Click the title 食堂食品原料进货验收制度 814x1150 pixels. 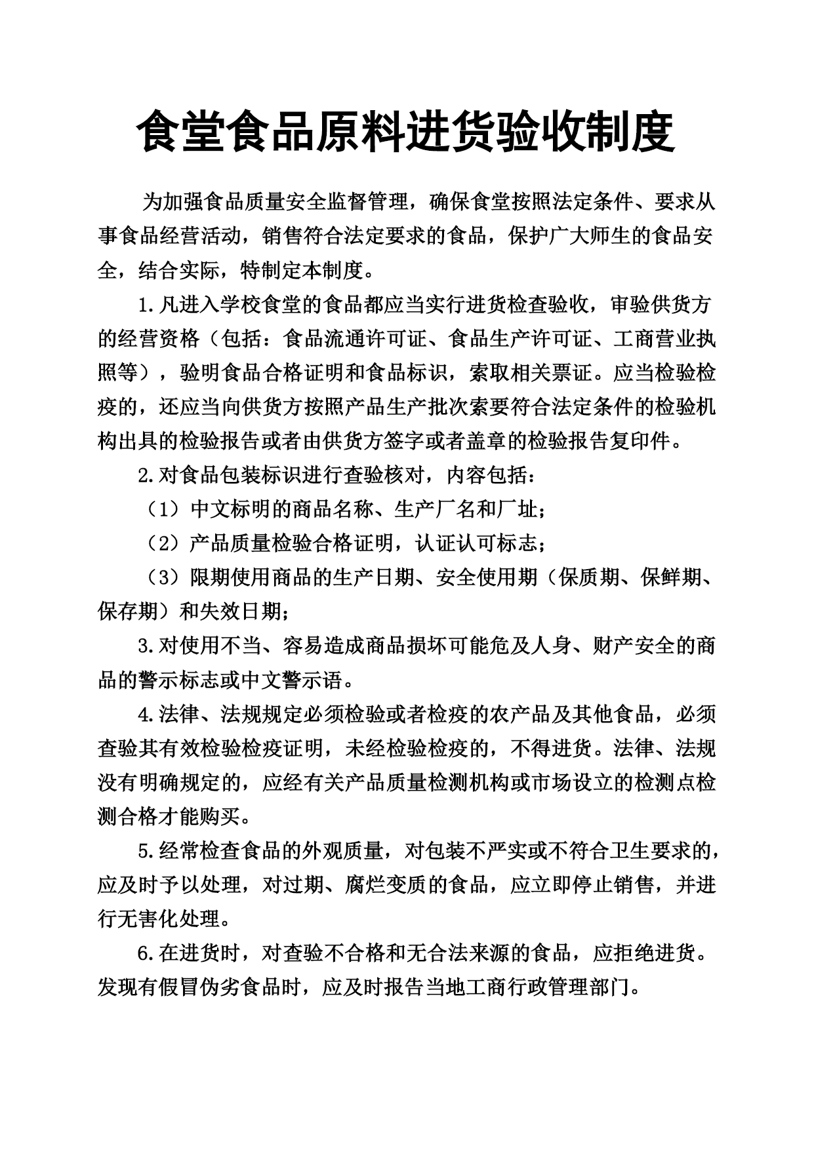click(407, 131)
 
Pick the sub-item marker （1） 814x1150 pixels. click(161, 509)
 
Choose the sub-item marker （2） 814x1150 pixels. click(161, 544)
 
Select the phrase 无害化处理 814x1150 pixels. click(169, 919)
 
